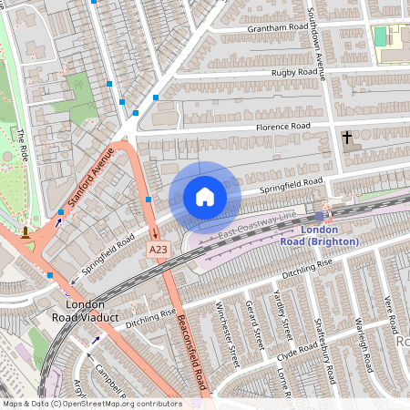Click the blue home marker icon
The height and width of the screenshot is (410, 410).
[x=205, y=196]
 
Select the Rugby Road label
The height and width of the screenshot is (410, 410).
[x=293, y=72]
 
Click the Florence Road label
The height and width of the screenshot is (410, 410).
[x=282, y=127]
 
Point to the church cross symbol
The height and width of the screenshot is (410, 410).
[x=346, y=138]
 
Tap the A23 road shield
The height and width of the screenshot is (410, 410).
[x=159, y=248]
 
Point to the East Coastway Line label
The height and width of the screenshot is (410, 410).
[x=258, y=225]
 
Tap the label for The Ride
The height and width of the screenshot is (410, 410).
[x=21, y=146]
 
